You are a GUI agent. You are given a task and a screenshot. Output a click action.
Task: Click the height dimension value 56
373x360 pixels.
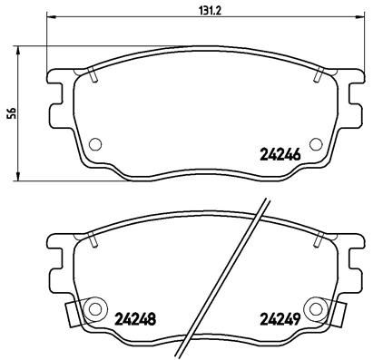point(11,112)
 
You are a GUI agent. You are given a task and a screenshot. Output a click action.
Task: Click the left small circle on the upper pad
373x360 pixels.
point(95,142)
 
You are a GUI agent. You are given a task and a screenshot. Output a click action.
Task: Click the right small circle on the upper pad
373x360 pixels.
point(315,142)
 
